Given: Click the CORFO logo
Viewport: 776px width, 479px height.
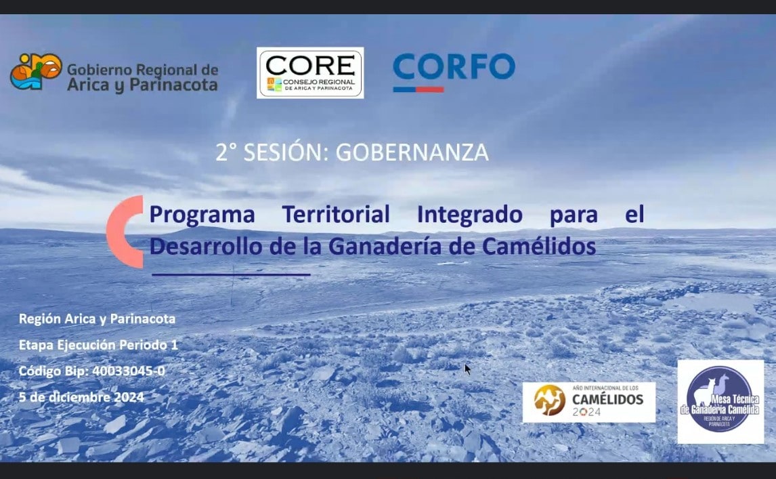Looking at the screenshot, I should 454,68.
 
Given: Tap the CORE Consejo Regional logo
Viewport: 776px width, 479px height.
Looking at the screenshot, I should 310,72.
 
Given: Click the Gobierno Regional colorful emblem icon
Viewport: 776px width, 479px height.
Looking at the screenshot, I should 35,72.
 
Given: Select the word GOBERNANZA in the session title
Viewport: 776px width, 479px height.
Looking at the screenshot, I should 412,152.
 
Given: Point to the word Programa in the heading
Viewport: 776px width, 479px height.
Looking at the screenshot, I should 202,215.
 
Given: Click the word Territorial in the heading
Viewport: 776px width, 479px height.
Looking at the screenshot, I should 336,215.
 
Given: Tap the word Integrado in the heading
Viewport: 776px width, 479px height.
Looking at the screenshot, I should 469,215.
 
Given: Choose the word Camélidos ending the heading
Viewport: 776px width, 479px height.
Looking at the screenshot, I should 539,246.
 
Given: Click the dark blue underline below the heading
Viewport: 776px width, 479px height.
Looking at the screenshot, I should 231,274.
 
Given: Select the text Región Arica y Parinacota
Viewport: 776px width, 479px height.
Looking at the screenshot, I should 97,318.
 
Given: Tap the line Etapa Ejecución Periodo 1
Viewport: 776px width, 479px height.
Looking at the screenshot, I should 98,345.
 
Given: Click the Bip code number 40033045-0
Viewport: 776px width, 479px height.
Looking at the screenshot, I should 129,371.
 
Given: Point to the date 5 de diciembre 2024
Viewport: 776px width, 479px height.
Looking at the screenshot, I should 81,397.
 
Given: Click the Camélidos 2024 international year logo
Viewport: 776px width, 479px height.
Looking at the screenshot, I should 588,402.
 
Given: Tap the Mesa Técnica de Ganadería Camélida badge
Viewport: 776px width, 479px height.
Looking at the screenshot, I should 720,402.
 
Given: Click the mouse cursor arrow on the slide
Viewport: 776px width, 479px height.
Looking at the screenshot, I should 467,369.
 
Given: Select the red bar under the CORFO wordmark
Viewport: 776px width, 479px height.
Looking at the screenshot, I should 418,89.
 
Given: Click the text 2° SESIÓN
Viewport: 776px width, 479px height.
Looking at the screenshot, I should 272,152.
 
